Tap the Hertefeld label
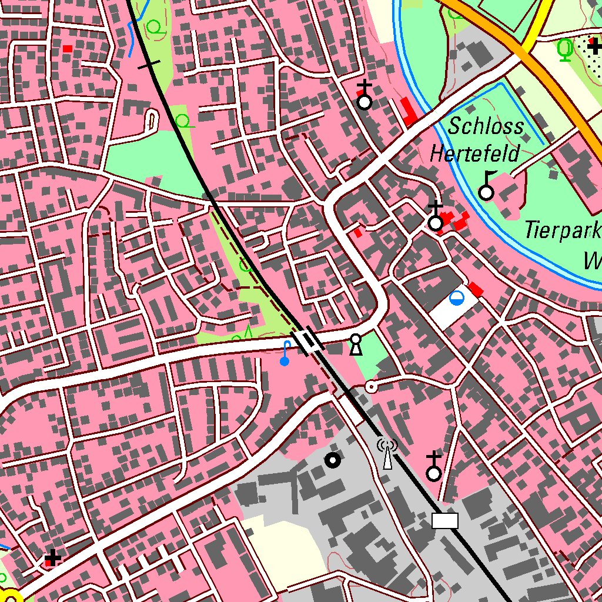click(475, 154)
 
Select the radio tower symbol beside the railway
click(387, 453)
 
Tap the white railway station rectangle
click(444, 520)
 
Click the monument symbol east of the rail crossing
click(355, 345)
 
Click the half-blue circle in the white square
click(456, 299)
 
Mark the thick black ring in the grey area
click(333, 460)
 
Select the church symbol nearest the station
click(434, 467)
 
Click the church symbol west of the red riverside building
click(364, 96)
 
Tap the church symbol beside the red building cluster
click(435, 217)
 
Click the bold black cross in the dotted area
click(595, 46)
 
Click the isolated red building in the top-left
click(68, 48)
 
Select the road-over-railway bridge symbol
click(308, 342)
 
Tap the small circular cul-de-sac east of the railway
click(371, 386)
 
